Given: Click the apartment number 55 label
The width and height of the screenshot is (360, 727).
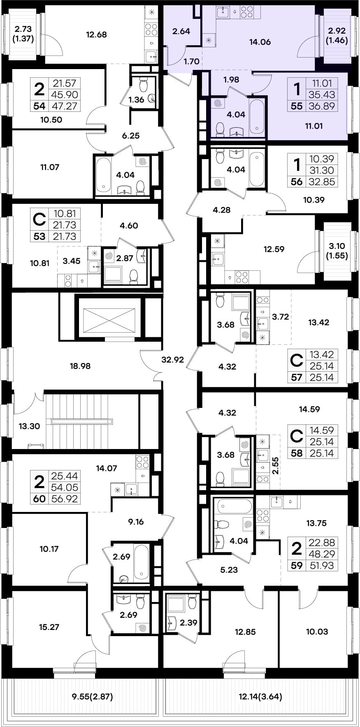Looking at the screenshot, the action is (296, 106).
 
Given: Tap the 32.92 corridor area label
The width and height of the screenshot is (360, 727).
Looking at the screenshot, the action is (172, 360).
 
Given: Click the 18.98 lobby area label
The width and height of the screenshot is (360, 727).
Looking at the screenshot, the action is (80, 366).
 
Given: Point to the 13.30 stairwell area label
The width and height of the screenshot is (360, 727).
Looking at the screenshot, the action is (29, 426).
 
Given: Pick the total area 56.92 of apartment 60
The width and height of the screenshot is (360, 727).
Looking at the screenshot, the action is (64, 499).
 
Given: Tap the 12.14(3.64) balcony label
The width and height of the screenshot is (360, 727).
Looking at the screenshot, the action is (260, 697).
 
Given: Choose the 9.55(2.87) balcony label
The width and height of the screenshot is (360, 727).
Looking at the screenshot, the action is (92, 697).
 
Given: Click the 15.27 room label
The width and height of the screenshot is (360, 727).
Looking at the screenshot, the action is (49, 627).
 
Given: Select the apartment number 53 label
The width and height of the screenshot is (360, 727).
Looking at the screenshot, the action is (39, 236).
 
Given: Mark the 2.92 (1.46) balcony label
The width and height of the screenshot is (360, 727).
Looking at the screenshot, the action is (337, 35).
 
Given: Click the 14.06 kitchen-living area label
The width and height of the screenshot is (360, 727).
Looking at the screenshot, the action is (260, 42).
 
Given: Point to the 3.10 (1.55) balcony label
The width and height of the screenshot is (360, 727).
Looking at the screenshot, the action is (337, 250).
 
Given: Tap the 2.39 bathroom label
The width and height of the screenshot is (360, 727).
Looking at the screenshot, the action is (188, 623).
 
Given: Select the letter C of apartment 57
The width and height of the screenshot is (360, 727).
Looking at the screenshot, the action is (297, 360).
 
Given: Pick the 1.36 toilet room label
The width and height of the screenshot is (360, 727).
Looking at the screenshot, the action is (136, 100).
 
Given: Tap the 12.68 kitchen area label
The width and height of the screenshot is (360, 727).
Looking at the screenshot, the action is (96, 35).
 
